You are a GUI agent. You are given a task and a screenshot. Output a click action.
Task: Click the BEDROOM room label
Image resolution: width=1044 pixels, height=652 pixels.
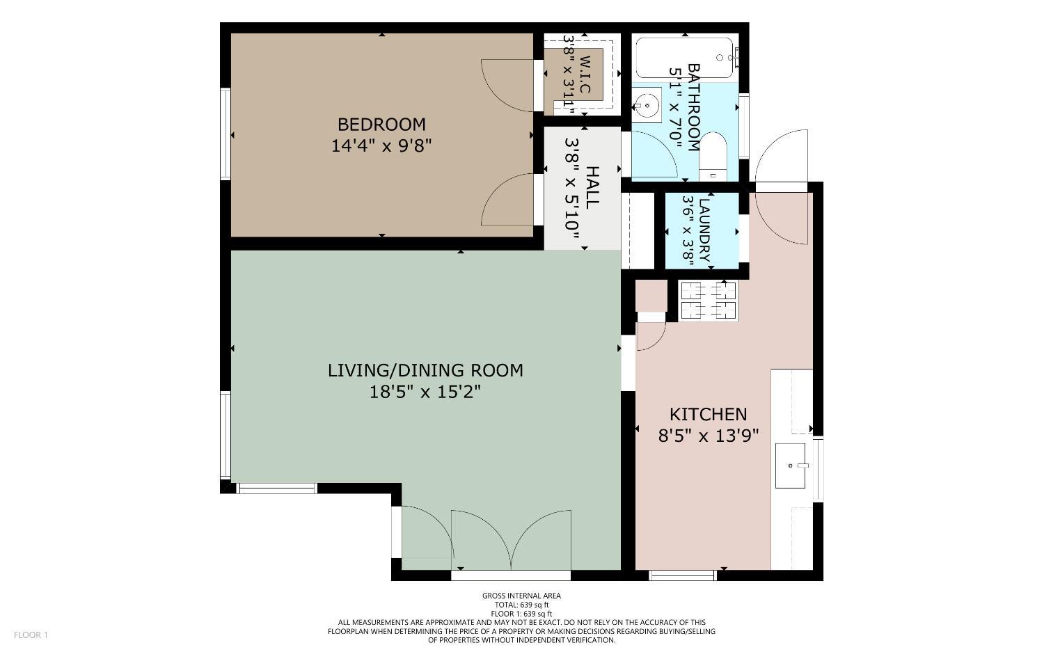(x=381, y=125)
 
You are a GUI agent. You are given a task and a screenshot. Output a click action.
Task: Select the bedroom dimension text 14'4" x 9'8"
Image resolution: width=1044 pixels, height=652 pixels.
(x=381, y=146)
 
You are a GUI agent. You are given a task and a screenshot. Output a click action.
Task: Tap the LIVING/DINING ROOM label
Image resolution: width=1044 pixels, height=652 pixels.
(x=425, y=370)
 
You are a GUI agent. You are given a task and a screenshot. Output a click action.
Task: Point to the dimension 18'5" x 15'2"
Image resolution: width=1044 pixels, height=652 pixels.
(x=425, y=392)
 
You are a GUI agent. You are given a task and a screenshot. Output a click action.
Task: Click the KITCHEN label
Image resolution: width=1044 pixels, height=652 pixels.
(x=708, y=415)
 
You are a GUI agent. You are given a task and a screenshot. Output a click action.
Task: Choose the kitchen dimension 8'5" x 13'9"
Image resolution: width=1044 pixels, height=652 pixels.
(x=708, y=436)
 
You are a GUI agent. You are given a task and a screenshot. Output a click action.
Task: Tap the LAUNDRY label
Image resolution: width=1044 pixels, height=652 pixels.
(x=705, y=230)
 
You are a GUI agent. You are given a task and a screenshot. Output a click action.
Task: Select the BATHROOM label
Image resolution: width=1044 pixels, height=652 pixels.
(x=694, y=107)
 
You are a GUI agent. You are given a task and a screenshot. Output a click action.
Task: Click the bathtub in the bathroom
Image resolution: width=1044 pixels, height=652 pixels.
(x=684, y=58)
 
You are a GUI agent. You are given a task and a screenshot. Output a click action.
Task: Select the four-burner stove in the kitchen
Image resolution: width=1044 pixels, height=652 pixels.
(x=708, y=301)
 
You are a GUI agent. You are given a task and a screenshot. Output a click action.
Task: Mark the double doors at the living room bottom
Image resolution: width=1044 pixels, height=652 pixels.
(x=511, y=539)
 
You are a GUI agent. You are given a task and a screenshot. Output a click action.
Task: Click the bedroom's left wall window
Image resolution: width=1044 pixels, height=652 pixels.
(x=226, y=134)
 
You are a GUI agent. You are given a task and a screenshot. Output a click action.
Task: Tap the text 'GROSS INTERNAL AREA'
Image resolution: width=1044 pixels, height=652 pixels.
(x=521, y=596)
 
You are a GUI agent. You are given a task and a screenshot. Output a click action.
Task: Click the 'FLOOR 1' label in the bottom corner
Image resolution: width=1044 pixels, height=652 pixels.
(x=31, y=635)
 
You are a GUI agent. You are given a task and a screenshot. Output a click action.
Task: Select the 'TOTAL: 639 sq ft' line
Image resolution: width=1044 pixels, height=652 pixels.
(x=521, y=605)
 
